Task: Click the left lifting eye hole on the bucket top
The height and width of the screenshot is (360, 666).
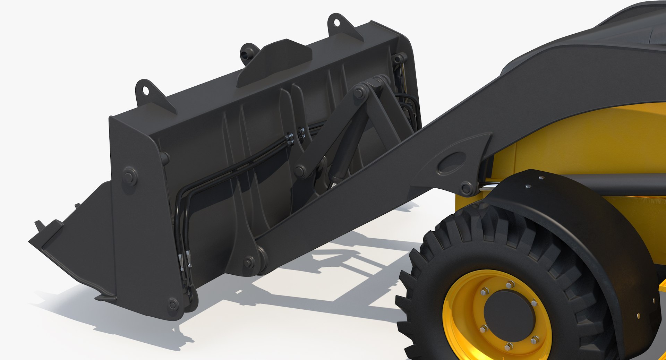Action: pos(146,91)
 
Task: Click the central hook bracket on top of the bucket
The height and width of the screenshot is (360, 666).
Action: pos(274,62)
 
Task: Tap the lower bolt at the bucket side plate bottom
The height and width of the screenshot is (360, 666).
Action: pos(172,304)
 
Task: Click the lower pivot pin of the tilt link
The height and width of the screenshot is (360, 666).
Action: pos(300,171)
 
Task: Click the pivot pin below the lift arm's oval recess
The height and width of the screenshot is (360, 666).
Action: pos(466,189)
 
